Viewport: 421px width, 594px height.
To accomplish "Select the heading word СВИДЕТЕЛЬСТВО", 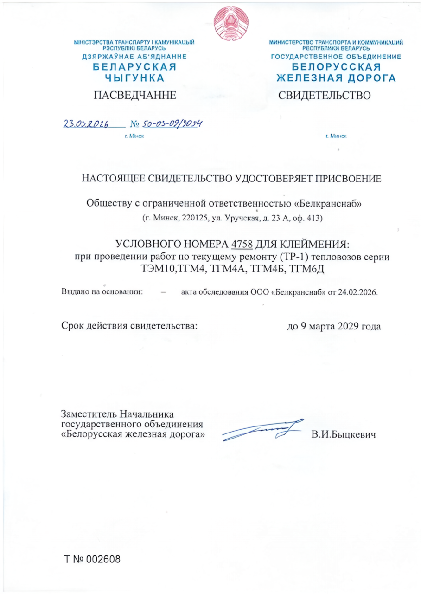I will (x=324, y=96).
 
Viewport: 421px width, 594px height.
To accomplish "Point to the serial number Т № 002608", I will (x=92, y=559).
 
